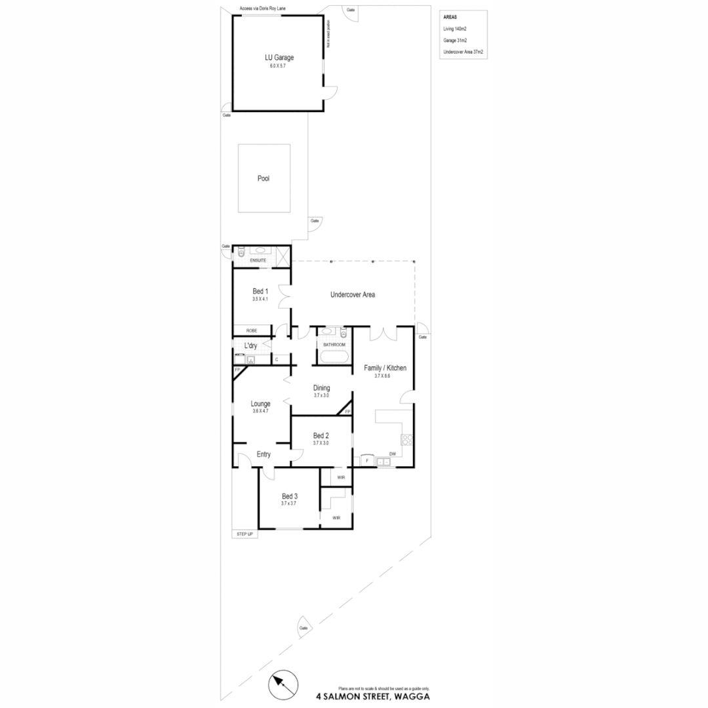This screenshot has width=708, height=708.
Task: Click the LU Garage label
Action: (x=280, y=58)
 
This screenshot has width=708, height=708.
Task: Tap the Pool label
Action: (x=264, y=178)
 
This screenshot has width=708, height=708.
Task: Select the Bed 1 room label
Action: (x=260, y=292)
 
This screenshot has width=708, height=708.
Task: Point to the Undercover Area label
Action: (x=353, y=295)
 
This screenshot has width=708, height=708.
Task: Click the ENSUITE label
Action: (x=258, y=261)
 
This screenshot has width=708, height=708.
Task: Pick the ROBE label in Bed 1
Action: (x=251, y=330)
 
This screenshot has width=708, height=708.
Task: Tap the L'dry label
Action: (x=250, y=345)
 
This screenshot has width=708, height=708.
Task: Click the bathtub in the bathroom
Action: (x=334, y=357)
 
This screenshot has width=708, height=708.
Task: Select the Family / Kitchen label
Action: (x=385, y=368)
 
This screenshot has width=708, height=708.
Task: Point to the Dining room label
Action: (x=321, y=388)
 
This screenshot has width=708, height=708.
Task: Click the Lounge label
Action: (x=260, y=404)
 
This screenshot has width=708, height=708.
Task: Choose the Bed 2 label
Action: (x=321, y=436)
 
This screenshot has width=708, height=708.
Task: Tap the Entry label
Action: (x=264, y=454)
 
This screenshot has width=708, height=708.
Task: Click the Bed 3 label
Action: (x=289, y=496)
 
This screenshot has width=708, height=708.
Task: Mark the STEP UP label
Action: (x=245, y=534)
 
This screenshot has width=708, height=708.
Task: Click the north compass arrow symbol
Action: (x=283, y=686)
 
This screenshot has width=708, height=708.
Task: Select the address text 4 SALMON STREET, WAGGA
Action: (x=373, y=696)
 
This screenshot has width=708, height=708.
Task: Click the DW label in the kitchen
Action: (x=392, y=454)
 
